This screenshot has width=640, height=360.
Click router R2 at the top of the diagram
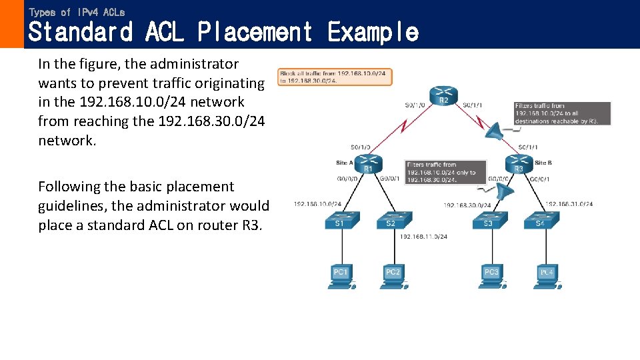click(443, 95)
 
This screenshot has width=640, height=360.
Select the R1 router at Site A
click(367, 162)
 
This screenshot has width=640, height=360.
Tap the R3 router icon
click(518, 163)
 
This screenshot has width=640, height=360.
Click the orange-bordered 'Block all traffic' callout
click(335, 77)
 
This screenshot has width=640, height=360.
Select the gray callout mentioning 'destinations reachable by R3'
click(562, 113)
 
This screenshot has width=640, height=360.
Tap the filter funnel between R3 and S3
click(507, 194)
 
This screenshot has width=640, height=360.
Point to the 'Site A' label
click(345, 163)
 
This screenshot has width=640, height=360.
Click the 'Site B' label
click(544, 163)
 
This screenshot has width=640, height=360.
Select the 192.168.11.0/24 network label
click(423, 236)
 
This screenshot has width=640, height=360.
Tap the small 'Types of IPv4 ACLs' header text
click(77, 12)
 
